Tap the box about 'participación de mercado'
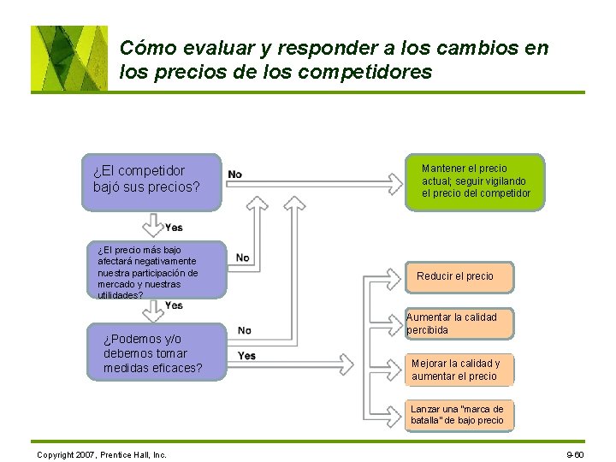157,270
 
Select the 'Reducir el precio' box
454,276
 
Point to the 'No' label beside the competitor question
234,175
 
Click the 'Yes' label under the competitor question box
174,228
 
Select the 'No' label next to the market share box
243,258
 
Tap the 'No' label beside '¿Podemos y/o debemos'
245,330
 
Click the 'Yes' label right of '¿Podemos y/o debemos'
246,356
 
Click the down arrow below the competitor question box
152,225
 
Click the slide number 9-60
575,454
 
